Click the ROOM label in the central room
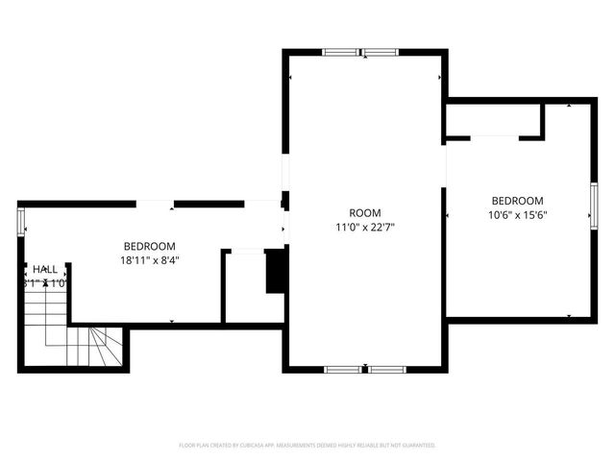pos(364,212)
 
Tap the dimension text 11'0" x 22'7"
pos(364,229)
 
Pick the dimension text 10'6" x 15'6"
pos(516,215)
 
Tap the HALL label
pos(45,270)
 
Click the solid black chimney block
pos(275,270)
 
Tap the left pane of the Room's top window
pos(341,53)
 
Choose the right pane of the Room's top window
pos(383,53)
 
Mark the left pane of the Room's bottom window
pos(343,368)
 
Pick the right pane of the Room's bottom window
pos(386,368)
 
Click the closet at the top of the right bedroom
pos(492,121)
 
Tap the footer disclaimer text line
pos(307,446)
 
